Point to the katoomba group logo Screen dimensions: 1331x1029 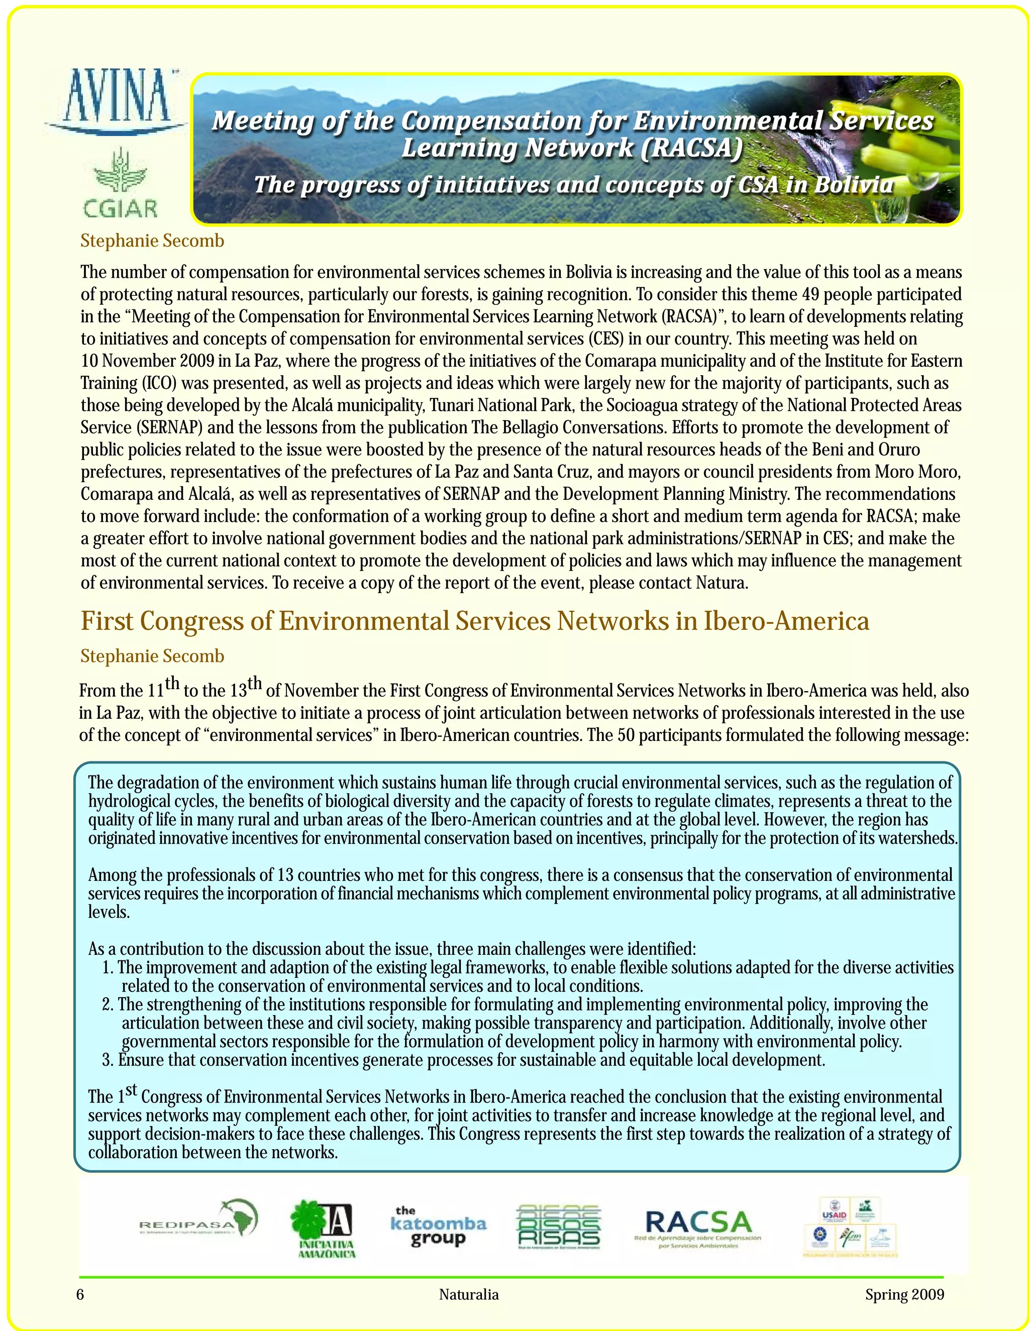click(x=438, y=1226)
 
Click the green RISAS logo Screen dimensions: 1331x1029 click(x=558, y=1226)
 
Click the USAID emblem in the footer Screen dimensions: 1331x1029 click(x=835, y=1210)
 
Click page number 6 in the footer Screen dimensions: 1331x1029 click(x=80, y=1294)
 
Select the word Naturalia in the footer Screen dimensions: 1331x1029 click(x=469, y=1294)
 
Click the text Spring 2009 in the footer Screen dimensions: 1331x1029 click(x=904, y=1294)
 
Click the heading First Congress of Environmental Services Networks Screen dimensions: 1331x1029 click(x=475, y=621)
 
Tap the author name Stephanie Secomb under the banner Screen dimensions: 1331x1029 click(x=152, y=241)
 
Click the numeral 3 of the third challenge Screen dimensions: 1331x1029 click(x=108, y=1060)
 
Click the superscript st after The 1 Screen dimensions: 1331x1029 click(x=131, y=1089)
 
